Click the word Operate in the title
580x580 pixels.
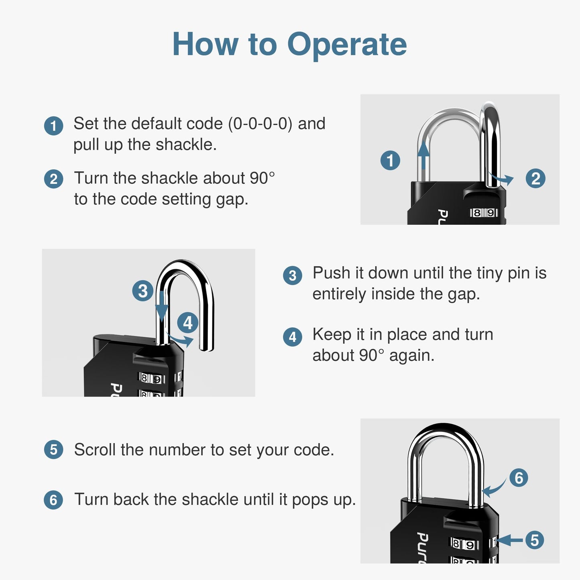(347, 45)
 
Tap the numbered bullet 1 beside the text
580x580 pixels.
(53, 126)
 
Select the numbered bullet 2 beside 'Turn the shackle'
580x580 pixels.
(53, 179)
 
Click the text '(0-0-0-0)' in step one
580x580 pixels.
(260, 124)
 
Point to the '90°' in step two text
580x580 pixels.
(262, 178)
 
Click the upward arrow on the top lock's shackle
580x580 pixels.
(423, 157)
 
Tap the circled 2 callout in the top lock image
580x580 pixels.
(535, 179)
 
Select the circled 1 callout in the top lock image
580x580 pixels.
(390, 160)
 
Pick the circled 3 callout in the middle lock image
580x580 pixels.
(143, 291)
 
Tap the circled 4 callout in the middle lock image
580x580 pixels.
(187, 323)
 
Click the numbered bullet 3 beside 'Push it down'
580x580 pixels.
(293, 276)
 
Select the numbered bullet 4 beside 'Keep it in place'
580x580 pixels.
(293, 337)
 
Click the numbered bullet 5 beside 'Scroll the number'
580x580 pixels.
(53, 450)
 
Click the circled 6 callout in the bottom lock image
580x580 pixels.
(519, 478)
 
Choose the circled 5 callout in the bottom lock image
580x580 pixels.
(534, 540)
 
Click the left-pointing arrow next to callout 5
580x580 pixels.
(510, 540)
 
